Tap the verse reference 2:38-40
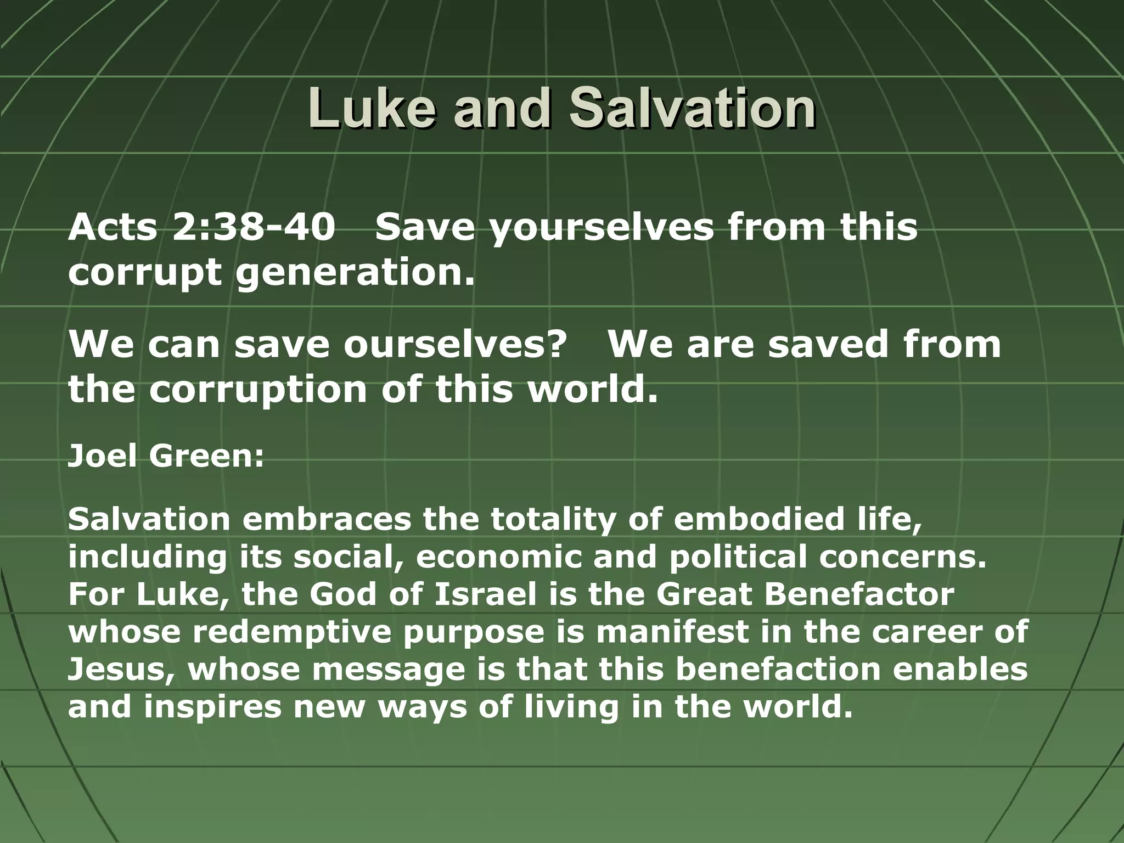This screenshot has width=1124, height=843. click(x=254, y=227)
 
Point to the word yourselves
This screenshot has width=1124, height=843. click(x=602, y=229)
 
